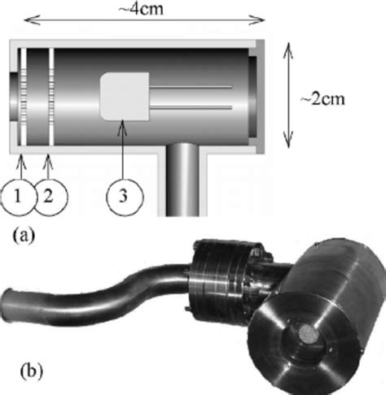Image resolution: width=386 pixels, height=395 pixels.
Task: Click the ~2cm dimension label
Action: click(322, 99)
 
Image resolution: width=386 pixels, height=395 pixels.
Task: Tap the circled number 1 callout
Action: click(18, 197)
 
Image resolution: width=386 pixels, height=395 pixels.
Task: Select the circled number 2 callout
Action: click(50, 197)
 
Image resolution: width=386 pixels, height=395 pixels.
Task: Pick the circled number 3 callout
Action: click(124, 197)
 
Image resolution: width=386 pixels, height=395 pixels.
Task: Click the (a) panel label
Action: click(24, 235)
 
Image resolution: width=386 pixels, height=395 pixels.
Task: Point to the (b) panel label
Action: click(32, 371)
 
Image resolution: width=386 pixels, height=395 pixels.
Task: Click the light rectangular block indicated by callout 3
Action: click(125, 97)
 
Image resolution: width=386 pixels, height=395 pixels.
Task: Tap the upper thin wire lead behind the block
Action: click(191, 87)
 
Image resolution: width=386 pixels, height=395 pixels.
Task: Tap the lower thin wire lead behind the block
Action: click(191, 108)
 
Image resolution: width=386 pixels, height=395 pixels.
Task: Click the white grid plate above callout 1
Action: click(24, 97)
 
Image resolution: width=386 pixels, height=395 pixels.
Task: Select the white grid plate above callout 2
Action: click(51, 97)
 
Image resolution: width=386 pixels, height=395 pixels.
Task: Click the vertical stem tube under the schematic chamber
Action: click(182, 180)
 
